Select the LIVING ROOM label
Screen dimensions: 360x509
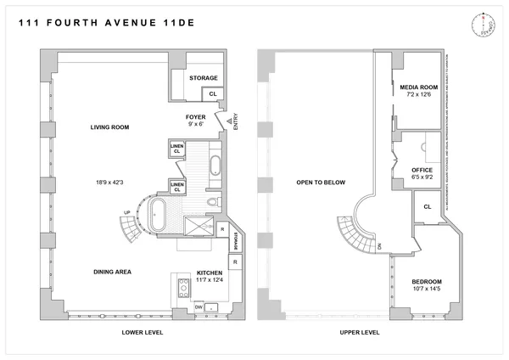pyautogui.click(x=109, y=127)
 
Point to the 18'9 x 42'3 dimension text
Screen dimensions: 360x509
pyautogui.click(x=109, y=181)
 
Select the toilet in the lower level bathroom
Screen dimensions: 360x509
pyautogui.click(x=213, y=201)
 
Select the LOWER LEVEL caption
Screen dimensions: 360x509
pyautogui.click(x=137, y=332)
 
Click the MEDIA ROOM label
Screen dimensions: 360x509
pyautogui.click(x=417, y=86)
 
